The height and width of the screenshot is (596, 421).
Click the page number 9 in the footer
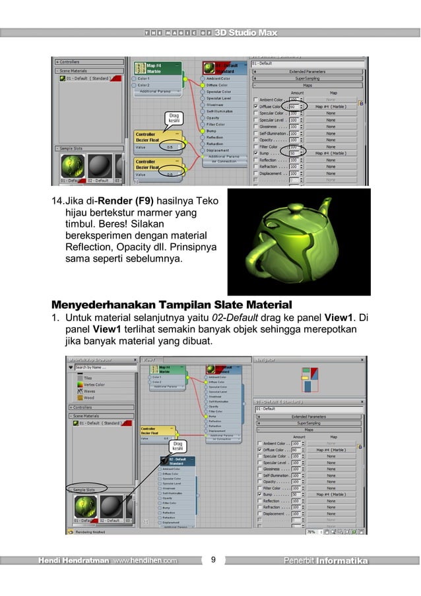click(x=213, y=561)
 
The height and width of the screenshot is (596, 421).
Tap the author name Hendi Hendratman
click(x=73, y=561)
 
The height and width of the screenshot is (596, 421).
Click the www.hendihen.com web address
click(x=145, y=561)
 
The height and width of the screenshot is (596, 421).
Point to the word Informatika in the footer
click(x=341, y=561)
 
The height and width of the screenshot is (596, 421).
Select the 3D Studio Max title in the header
click(x=245, y=32)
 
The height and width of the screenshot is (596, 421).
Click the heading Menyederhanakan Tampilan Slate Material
click(x=170, y=305)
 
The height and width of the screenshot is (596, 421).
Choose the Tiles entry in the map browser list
click(x=88, y=378)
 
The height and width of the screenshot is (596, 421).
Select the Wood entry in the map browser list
click(x=89, y=398)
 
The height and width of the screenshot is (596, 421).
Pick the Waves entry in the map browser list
click(x=90, y=392)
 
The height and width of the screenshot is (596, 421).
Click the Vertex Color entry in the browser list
click(x=95, y=385)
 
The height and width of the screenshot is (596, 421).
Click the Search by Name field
click(x=102, y=368)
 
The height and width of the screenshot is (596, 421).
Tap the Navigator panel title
click(x=268, y=360)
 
